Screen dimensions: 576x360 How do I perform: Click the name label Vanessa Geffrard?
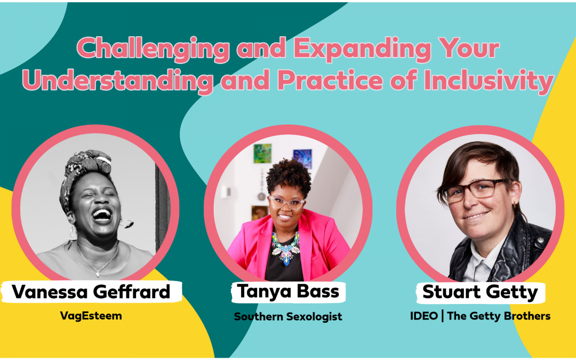[x=91, y=292]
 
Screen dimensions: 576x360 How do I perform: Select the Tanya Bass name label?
[x=288, y=291]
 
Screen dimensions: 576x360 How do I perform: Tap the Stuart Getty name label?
[x=480, y=292]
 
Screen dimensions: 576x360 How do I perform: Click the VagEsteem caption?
[x=91, y=316]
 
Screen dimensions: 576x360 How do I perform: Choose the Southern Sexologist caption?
[x=288, y=316]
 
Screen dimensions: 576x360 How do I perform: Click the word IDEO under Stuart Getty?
[x=424, y=316]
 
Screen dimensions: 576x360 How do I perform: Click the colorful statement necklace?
[x=286, y=246]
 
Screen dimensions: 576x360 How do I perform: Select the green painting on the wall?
[x=262, y=154]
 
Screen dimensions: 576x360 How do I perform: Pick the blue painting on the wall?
[x=302, y=158]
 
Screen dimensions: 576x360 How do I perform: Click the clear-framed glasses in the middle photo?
[x=286, y=203]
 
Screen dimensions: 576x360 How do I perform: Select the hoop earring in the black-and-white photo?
[x=126, y=223]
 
